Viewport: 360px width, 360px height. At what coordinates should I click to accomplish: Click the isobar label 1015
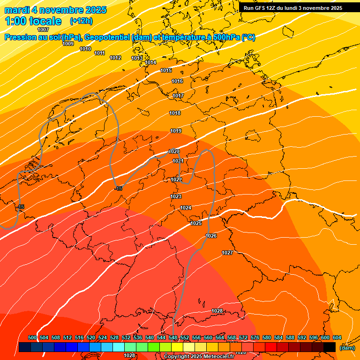point(166,70)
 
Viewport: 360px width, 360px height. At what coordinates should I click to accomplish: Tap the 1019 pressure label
point(176,131)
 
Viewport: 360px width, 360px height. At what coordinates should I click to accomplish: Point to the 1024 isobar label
point(186,208)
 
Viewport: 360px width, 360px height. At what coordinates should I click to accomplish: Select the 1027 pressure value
point(227,253)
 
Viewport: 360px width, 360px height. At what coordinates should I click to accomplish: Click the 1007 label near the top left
point(43,30)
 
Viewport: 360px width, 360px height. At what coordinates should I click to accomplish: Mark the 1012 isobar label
point(115,58)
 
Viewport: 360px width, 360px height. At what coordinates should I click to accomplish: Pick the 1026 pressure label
point(211,236)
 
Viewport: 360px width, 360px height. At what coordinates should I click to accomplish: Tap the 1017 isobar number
point(178,96)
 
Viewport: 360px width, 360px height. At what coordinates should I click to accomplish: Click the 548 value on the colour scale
point(173,337)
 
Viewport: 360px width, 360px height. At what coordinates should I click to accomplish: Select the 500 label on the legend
point(32,337)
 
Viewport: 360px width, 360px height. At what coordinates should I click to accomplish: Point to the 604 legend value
point(337,337)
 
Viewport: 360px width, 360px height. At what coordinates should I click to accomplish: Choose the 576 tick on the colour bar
point(255,337)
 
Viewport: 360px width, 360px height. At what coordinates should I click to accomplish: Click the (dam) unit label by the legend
point(347,348)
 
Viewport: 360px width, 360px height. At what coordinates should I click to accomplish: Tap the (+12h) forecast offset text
point(81,21)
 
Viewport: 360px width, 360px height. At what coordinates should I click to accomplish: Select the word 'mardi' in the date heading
point(17,10)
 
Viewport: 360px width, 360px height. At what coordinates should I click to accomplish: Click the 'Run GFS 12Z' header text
point(260,8)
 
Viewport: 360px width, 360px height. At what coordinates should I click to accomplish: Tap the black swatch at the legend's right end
point(330,347)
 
